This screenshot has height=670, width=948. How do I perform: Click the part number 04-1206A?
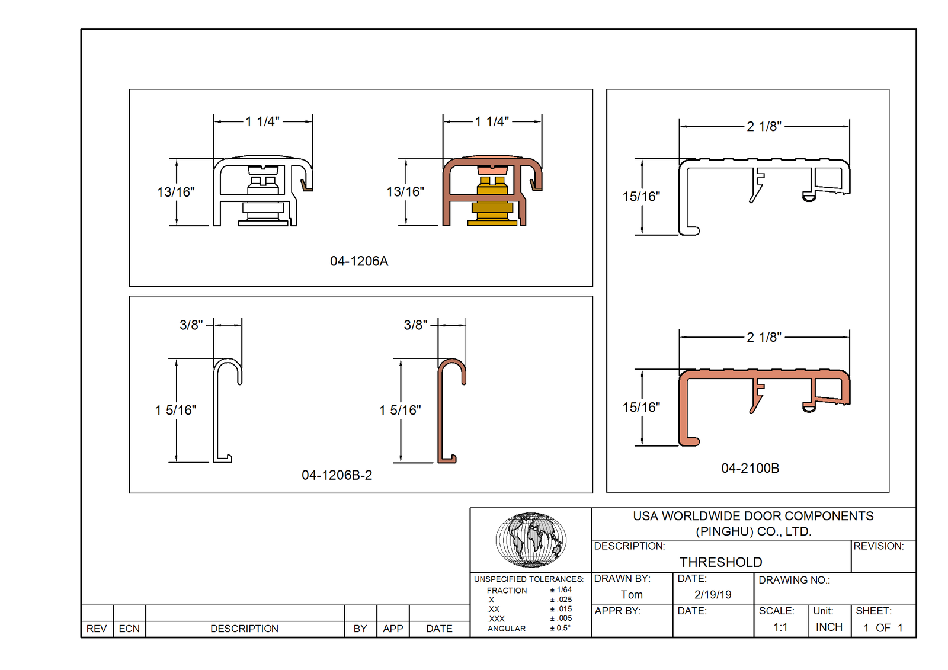click(359, 261)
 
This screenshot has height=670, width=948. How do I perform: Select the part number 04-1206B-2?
click(337, 475)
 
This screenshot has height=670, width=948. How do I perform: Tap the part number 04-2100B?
click(750, 468)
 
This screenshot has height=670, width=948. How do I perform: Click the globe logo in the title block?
click(531, 540)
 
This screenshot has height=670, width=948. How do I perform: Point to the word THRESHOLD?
click(720, 562)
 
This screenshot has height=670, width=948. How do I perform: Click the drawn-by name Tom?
click(632, 595)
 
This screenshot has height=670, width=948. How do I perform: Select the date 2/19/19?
click(713, 595)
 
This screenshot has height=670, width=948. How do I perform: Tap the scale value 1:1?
click(780, 627)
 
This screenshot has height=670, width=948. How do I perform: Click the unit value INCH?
click(829, 627)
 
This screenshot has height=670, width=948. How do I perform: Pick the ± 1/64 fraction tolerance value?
click(561, 590)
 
